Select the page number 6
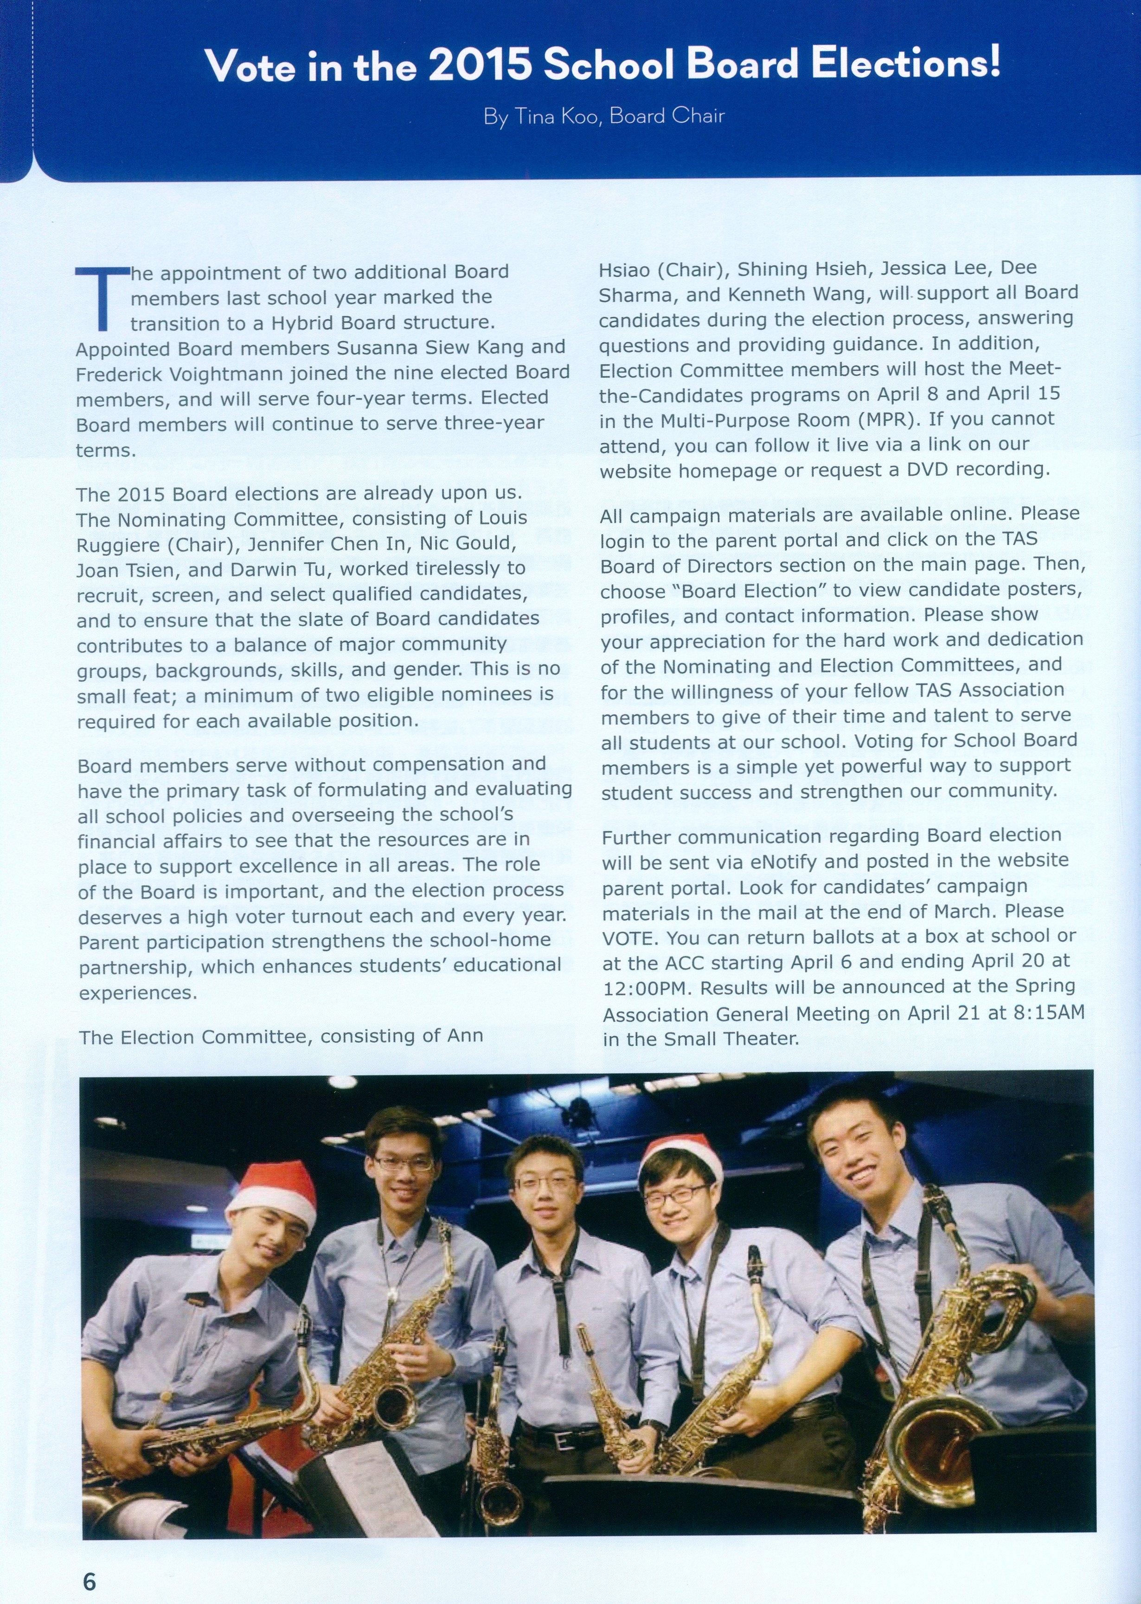[89, 1560]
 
